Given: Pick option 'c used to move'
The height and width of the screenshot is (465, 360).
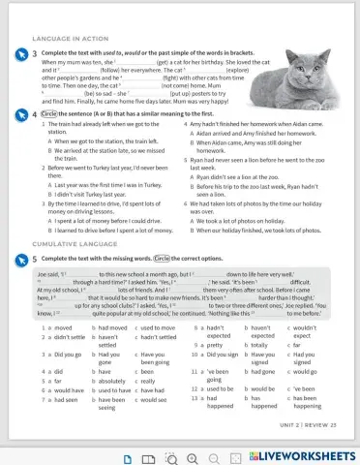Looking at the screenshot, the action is [x=155, y=329].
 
